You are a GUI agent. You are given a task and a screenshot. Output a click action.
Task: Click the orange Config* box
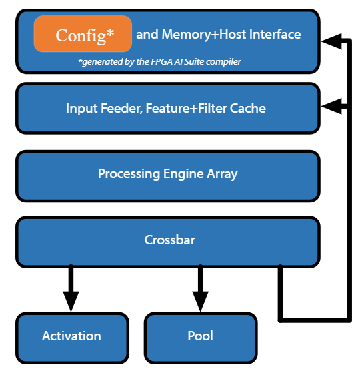[83, 34]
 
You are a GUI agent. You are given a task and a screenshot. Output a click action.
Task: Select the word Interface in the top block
[275, 34]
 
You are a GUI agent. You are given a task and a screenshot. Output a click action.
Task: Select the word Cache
[248, 108]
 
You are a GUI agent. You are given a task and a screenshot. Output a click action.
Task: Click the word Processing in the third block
[129, 174]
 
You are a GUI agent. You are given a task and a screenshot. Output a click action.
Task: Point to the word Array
[221, 174]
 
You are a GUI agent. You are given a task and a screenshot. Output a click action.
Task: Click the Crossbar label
[169, 240]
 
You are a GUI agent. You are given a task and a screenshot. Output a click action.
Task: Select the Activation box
[71, 336]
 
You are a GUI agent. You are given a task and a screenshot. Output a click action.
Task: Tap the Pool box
[200, 336]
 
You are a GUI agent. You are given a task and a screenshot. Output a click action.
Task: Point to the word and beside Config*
[147, 34]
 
